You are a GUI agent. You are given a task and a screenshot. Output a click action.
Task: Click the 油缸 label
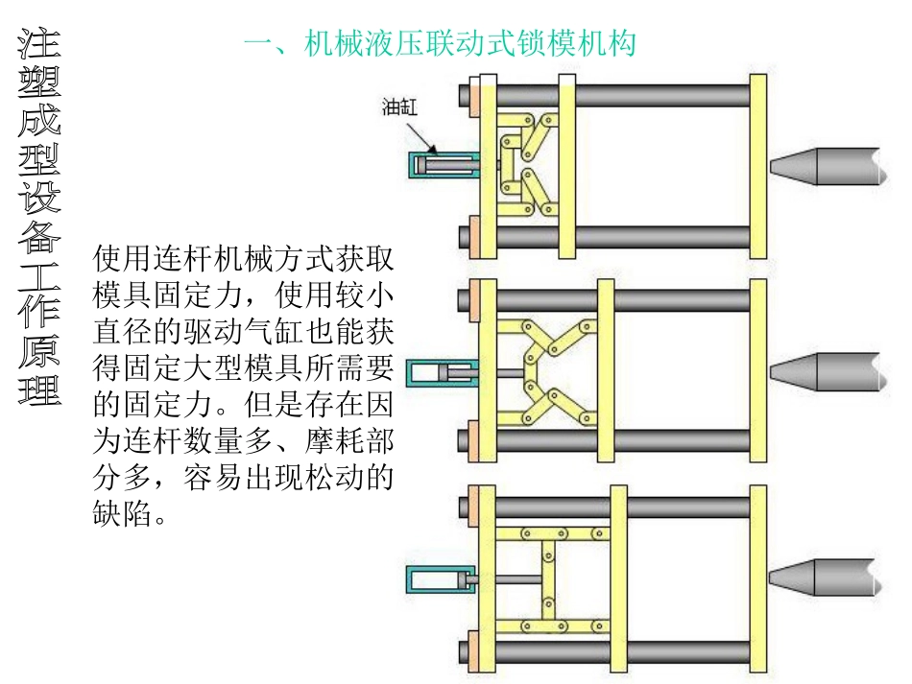pos(399,108)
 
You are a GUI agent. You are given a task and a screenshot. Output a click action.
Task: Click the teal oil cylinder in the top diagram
pos(444,166)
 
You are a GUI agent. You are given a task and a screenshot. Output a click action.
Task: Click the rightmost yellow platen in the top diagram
pos(758,166)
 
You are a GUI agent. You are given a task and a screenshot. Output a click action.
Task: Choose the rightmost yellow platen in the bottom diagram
pos(758,577)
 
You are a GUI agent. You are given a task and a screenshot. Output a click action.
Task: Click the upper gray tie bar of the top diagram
pos(662,95)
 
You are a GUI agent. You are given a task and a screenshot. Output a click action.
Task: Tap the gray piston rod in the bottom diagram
pos(509,578)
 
